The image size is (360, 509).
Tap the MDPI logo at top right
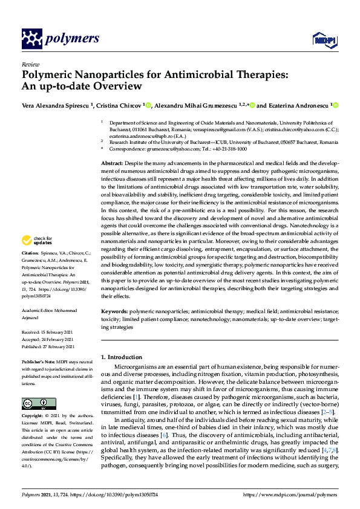pos(324,39)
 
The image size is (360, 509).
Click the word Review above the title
pos(30,64)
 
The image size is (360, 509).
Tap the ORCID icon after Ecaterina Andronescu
pos(335,105)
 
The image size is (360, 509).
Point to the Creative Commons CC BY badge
pos(35,403)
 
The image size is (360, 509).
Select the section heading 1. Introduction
pos(121,357)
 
